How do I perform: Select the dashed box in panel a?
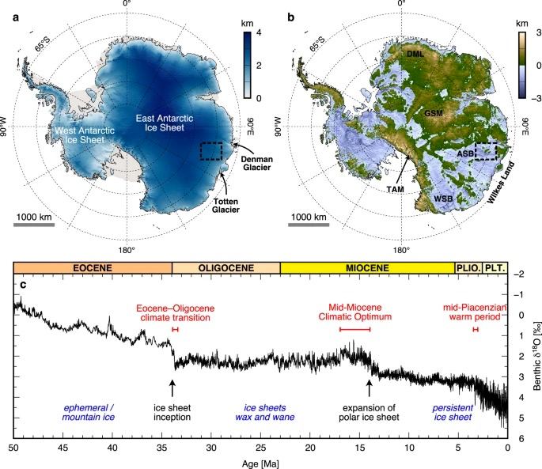pos(211,150)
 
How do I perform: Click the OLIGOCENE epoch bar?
pos(226,267)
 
